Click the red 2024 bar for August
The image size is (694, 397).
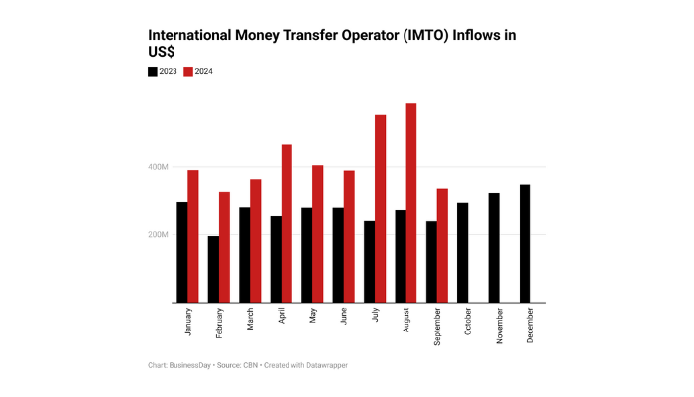410,203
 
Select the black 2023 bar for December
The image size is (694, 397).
524,243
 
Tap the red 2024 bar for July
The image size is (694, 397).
380,208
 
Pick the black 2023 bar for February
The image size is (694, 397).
213,269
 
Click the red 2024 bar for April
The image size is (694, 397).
287,223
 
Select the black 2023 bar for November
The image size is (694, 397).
494,247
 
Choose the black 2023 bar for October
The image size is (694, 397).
462,253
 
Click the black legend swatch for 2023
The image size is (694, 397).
152,71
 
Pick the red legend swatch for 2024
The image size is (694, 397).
189,71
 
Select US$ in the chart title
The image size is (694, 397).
162,52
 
